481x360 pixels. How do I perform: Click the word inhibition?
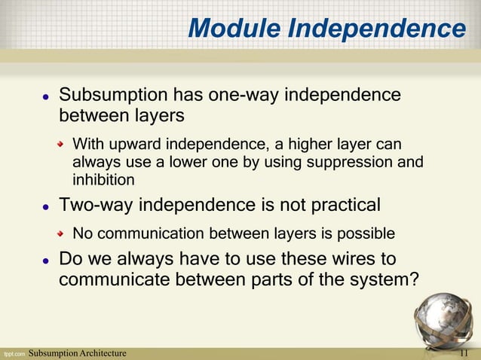click(x=103, y=180)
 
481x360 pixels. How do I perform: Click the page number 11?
click(x=464, y=353)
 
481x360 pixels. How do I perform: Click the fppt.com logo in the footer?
click(x=13, y=353)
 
